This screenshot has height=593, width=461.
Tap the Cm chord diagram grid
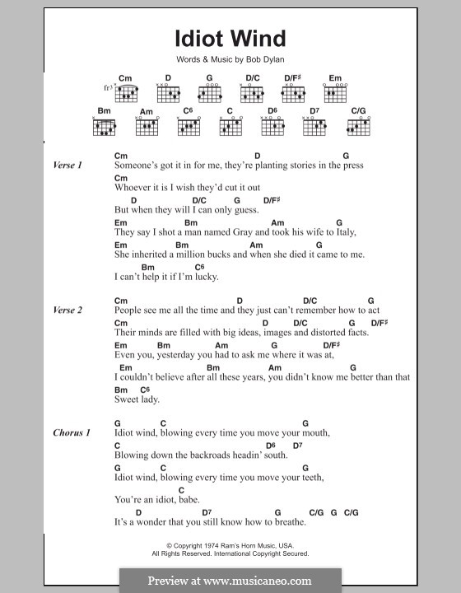point(126,93)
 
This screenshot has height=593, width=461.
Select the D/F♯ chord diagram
point(293,93)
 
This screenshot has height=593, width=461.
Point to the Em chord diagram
point(335,93)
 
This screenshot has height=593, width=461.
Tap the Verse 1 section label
point(68,166)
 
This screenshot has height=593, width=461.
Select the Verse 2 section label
point(68,311)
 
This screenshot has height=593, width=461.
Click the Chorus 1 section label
point(72,432)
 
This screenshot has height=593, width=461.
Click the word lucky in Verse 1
point(205,277)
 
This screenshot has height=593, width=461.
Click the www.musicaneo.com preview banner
point(230,580)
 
